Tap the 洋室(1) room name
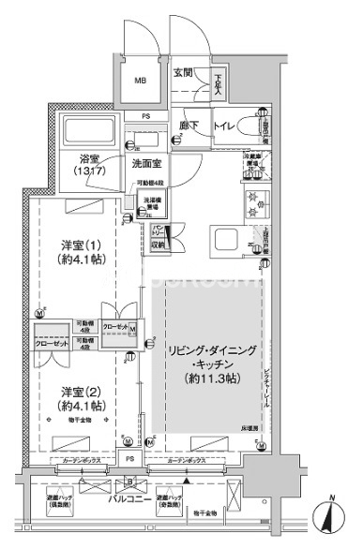click(x=75, y=242)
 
